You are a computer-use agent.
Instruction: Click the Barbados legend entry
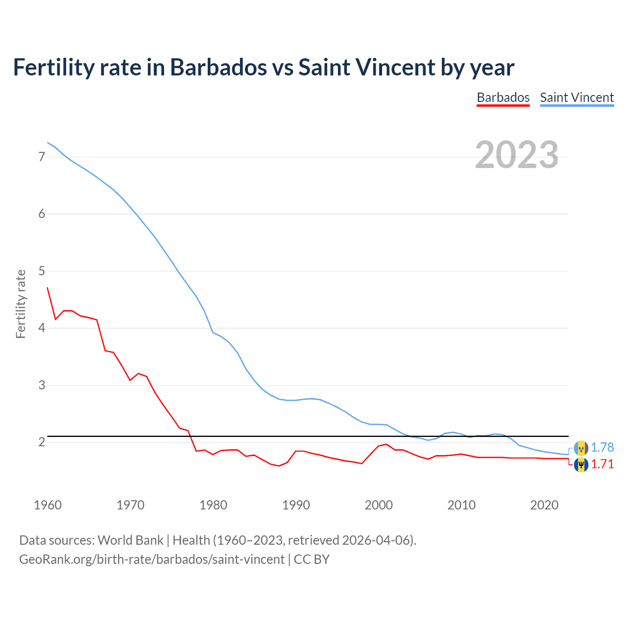[x=503, y=97]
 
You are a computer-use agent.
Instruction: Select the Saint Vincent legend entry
[x=577, y=97]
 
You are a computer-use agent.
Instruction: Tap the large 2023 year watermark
[x=516, y=155]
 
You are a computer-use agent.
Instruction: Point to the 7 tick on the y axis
[x=42, y=157]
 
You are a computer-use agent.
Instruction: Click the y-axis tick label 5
[x=42, y=271]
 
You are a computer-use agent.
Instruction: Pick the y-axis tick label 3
[x=42, y=385]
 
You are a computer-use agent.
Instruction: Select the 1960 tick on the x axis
[x=48, y=505]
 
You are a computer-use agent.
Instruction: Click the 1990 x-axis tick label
[x=296, y=505]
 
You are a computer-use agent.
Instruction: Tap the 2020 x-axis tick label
[x=544, y=505]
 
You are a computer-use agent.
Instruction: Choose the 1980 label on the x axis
[x=213, y=505]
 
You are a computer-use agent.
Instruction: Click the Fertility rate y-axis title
[x=21, y=304]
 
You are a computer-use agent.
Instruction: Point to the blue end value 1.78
[x=602, y=447]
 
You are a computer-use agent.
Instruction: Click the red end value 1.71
[x=602, y=464]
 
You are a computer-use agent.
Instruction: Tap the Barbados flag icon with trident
[x=581, y=464]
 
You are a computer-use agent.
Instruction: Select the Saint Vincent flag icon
[x=581, y=448]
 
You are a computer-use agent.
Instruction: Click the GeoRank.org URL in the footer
[x=152, y=559]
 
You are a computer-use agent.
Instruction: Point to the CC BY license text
[x=312, y=559]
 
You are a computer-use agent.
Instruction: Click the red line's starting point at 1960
[x=48, y=288]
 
